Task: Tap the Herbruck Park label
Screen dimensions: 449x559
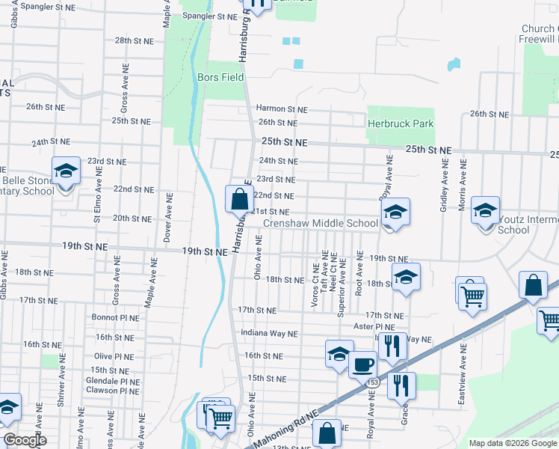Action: (401, 123)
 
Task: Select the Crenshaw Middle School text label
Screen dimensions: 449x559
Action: (320, 224)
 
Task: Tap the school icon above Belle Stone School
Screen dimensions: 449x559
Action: (66, 171)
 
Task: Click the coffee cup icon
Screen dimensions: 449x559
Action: (363, 364)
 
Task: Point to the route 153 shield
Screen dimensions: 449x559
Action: (372, 382)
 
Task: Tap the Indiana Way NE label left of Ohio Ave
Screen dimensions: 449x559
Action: (269, 333)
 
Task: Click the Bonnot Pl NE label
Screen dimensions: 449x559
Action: (116, 318)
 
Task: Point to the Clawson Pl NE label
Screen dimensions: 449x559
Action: (112, 391)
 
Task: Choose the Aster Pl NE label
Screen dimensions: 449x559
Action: (375, 328)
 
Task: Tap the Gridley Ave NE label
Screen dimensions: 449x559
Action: (443, 184)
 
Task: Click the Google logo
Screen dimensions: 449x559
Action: (25, 441)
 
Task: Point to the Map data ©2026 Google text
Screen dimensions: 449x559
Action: (513, 443)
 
